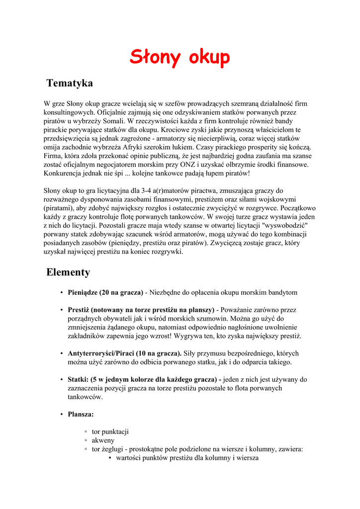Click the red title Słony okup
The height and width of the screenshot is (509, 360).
click(180, 57)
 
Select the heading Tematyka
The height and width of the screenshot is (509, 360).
click(70, 83)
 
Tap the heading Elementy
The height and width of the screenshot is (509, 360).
click(68, 272)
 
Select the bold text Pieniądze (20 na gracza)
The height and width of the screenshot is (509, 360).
click(105, 292)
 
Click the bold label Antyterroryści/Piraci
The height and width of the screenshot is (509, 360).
click(104, 353)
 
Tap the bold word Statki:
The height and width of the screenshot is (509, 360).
click(78, 380)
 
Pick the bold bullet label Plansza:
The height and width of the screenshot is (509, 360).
click(81, 414)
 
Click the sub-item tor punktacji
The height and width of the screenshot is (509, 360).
click(110, 431)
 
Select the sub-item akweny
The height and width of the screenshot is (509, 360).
click(103, 440)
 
